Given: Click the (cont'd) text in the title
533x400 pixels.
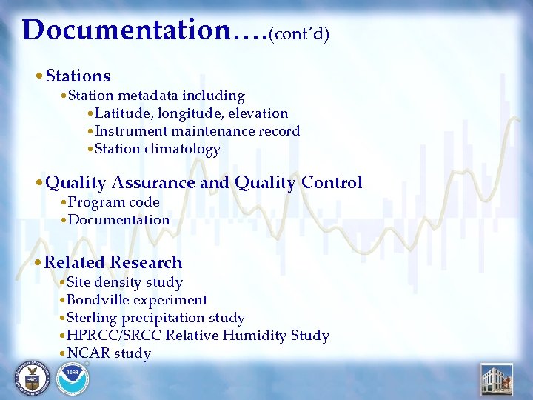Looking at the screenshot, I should coord(299,33).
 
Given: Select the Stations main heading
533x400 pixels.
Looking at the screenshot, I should coord(78,76).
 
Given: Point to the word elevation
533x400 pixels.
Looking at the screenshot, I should coord(256,113).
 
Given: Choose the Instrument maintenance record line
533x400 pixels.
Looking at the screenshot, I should coord(197,131).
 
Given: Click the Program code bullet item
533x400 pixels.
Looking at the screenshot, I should coord(113,202).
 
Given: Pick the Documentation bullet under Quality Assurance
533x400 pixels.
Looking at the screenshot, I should coord(118,220).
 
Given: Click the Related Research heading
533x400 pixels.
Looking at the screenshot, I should coord(113,263).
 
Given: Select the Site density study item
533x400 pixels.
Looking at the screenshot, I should coord(124,282).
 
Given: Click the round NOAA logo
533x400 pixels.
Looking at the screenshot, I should coord(73,379).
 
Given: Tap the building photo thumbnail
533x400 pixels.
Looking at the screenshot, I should coord(496,379).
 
